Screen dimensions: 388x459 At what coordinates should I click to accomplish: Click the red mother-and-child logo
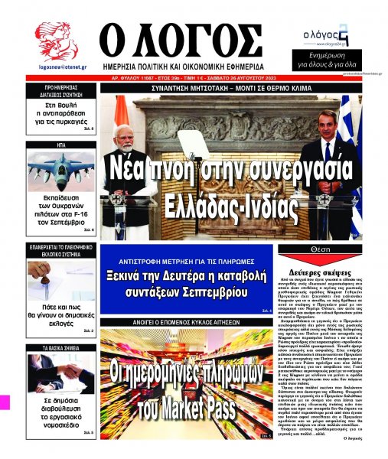click(x=56, y=43)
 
